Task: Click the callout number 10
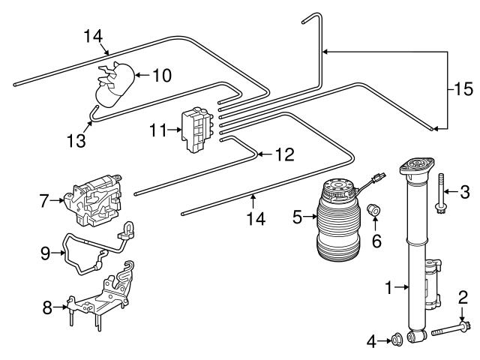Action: point(162,75)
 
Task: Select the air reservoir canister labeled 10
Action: point(116,86)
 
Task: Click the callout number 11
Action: point(157,130)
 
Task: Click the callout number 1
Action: point(389,286)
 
